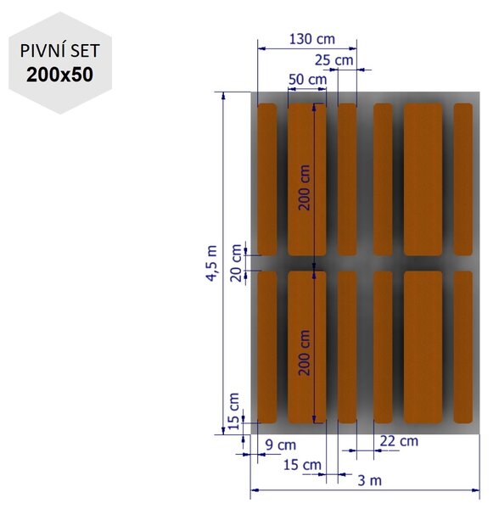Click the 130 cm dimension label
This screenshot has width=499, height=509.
(311, 39)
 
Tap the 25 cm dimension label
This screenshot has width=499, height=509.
(334, 60)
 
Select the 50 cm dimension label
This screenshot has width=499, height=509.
(307, 80)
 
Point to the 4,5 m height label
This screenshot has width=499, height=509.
(211, 263)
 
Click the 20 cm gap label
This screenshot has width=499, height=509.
(236, 263)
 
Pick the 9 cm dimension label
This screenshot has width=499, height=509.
(281, 445)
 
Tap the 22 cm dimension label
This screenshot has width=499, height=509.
(399, 441)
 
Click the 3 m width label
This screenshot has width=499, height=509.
(369, 480)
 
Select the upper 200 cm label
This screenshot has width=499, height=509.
(304, 187)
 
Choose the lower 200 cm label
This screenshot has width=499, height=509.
(304, 353)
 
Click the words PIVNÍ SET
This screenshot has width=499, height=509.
(59, 51)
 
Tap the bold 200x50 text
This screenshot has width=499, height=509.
(59, 75)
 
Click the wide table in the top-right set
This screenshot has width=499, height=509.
(423, 179)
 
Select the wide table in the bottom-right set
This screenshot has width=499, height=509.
(423, 347)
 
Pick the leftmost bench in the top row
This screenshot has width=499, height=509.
(266, 179)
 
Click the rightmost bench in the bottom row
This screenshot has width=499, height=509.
(463, 347)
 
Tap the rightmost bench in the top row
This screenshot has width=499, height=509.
(463, 179)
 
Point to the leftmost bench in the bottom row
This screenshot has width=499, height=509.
(266, 347)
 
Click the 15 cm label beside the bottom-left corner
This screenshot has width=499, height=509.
(233, 411)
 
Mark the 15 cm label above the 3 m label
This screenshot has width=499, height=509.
(302, 465)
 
